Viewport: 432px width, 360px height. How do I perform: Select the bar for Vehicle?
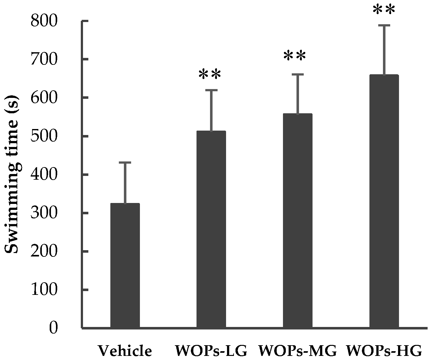point(125,266)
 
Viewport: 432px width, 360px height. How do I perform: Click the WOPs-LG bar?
point(211,230)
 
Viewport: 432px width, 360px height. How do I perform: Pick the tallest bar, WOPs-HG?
point(384,202)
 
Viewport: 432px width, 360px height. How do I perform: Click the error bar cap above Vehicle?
point(125,162)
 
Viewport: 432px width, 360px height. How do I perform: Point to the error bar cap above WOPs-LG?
point(211,90)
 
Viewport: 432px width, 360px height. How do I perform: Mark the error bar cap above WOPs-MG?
point(297,74)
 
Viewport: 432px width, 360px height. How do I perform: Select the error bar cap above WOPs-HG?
point(384,25)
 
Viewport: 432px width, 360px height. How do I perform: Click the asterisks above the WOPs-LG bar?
point(210,75)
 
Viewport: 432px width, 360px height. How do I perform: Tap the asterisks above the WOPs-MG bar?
point(295,56)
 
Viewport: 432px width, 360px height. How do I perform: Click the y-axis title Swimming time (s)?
point(12,174)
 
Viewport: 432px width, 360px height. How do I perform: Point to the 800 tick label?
point(44,21)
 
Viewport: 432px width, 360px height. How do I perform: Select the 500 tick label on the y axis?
point(44,136)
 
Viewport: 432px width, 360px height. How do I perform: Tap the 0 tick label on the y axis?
point(53,328)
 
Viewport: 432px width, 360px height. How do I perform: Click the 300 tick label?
point(44,213)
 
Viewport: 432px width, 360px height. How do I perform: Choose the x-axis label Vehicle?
point(125,351)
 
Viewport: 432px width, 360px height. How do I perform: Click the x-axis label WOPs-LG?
point(211,351)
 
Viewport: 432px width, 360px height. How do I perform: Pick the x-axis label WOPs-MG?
point(297,351)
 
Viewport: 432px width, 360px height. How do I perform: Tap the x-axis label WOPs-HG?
point(384,351)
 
